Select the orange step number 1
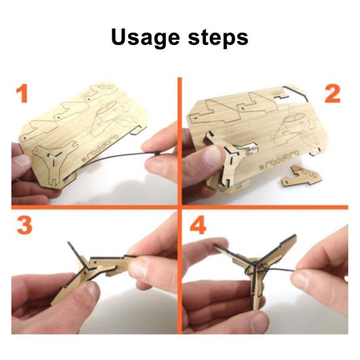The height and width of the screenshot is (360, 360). click(24, 94)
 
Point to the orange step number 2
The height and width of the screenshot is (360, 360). click(332, 94)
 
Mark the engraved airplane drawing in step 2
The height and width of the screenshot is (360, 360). click(295, 127)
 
